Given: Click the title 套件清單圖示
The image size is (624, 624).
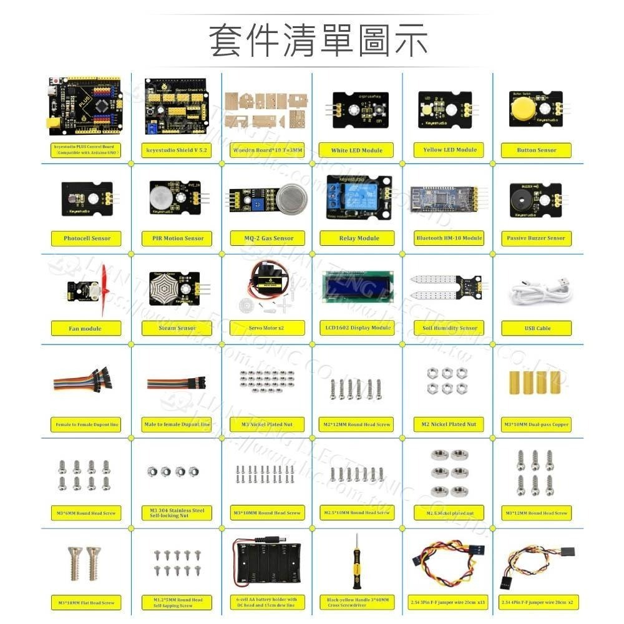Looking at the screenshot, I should point(319,41).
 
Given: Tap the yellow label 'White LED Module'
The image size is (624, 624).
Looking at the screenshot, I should point(357,150).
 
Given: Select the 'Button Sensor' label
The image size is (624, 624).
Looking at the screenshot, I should point(536,150).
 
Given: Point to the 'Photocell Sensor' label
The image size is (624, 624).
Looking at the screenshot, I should point(87,238).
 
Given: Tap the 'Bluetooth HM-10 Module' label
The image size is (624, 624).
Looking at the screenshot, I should point(449,238).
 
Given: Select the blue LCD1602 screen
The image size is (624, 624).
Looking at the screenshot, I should point(357,288).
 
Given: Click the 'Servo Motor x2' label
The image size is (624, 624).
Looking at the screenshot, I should point(267,328).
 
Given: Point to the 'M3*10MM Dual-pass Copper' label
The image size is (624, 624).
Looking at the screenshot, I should point(536,424).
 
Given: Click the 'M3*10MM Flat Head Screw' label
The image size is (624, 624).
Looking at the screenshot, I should point(87,603).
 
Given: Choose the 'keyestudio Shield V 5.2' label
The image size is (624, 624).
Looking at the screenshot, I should point(177,150).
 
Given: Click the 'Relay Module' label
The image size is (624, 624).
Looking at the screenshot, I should point(357,238).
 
